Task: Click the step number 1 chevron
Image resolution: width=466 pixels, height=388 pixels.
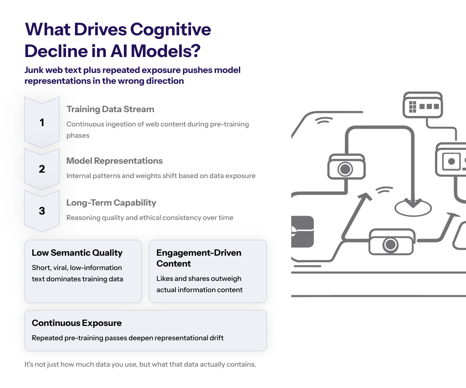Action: pos(42,123)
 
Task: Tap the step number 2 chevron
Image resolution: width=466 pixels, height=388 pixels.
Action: pos(42,169)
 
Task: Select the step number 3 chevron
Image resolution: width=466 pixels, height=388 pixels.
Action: pos(42,211)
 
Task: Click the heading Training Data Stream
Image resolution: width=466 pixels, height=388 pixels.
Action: pos(110,109)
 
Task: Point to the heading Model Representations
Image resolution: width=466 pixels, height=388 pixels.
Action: pos(115,161)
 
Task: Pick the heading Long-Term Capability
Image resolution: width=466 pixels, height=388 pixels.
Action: pos(111,203)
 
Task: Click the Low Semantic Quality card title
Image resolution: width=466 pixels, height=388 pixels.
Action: pos(77,253)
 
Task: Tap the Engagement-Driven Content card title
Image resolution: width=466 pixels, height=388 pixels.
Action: pos(198,258)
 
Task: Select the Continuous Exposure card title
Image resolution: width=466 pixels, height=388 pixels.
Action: pos(77,323)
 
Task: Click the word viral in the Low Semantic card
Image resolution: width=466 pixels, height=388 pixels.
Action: pos(59,268)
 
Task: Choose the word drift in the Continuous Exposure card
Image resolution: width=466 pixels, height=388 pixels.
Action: pos(215,338)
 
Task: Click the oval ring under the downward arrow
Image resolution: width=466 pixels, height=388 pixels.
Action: pos(413,208)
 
